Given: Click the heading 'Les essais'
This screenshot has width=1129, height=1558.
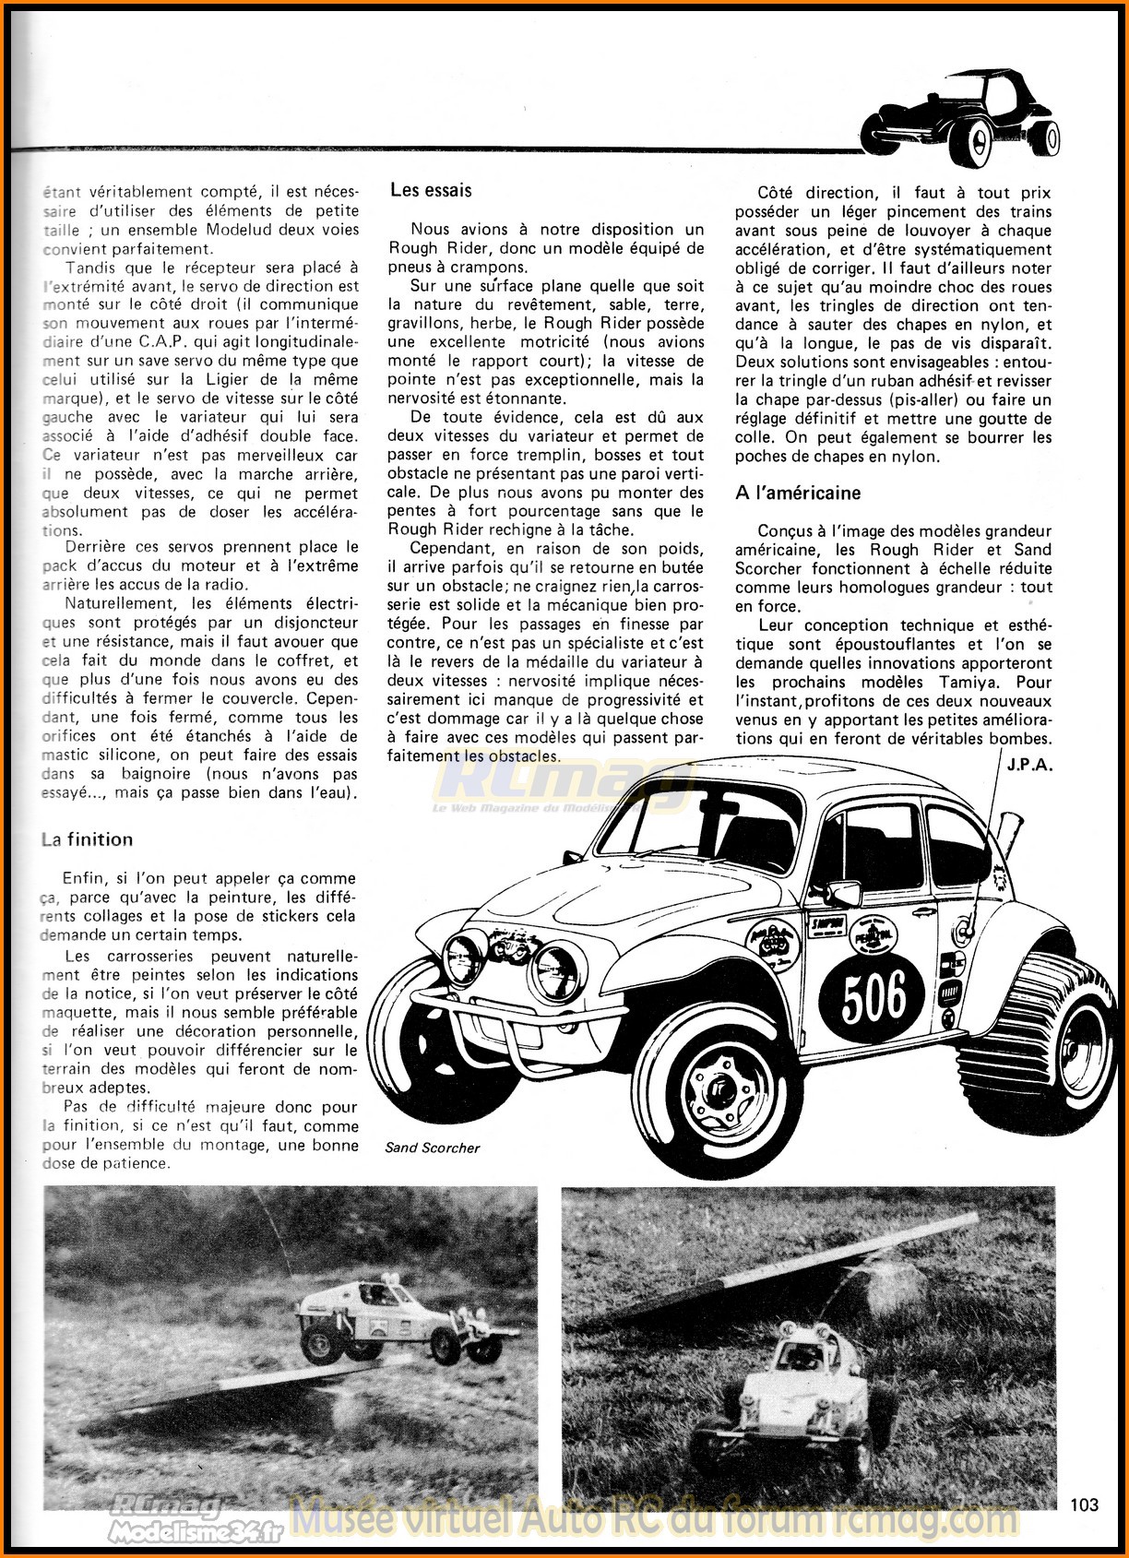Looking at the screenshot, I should pos(431,191).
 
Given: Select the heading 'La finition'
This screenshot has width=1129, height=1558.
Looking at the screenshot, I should pos(87,839).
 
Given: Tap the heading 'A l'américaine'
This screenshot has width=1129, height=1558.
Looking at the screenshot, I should pos(798,493).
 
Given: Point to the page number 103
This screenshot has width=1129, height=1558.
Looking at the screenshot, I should pos(1085,1504).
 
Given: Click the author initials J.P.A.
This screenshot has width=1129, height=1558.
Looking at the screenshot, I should pos(1029,765).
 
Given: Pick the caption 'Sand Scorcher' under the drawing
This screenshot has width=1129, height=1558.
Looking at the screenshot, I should pos(433,1148).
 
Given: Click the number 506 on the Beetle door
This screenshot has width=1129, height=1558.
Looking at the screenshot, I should pos(873,996).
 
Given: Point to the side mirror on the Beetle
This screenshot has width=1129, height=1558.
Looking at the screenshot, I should pos(843,894).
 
